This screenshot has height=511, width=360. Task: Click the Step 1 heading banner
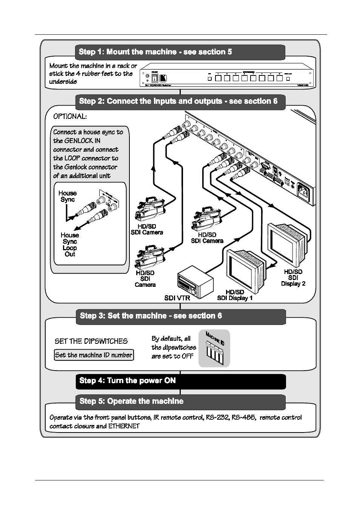[x=180, y=52]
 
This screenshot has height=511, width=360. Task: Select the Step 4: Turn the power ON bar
[x=180, y=381]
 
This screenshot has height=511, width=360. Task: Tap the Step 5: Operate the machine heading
[x=180, y=402]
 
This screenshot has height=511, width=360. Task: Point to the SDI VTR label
[x=177, y=298]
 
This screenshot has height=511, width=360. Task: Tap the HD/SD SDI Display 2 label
[x=293, y=278]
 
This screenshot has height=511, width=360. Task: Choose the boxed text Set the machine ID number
[x=94, y=355]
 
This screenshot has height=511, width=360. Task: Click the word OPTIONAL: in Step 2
[x=70, y=117]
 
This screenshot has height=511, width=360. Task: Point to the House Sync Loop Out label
[x=70, y=245]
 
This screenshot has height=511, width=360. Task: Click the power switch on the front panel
[x=154, y=78]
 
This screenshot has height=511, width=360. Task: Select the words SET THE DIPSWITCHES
[x=91, y=342]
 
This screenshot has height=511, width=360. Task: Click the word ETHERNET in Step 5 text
[x=124, y=426]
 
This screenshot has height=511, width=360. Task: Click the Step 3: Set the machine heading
[x=180, y=316]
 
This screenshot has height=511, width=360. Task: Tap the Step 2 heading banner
[x=180, y=102]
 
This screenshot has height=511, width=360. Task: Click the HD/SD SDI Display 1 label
[x=235, y=295]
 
